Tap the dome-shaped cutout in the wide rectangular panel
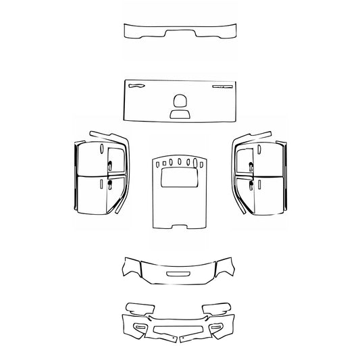coord(180,101)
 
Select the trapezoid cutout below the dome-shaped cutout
coord(180,114)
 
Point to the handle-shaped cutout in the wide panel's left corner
coord(136,86)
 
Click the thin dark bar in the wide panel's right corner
coord(222,87)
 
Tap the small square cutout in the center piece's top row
coord(162,162)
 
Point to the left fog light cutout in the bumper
coord(140,327)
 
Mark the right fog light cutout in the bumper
coord(218,327)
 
